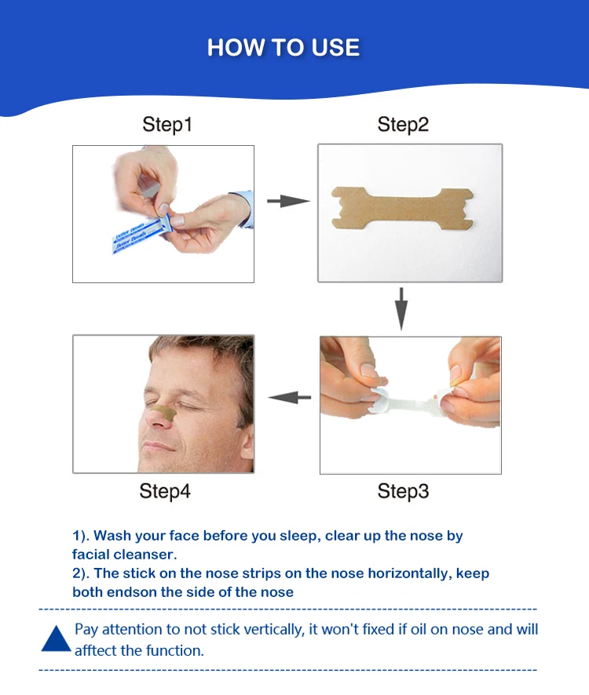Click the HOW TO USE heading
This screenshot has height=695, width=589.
284,48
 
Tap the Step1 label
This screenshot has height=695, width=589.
166,124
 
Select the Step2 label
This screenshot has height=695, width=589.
403,124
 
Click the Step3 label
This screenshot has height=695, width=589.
403,491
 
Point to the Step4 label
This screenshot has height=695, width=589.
165,491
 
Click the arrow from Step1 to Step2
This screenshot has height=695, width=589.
287,202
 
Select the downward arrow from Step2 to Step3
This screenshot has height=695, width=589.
401,308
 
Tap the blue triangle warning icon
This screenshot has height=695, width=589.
56,640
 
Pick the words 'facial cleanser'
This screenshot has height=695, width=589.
124,554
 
